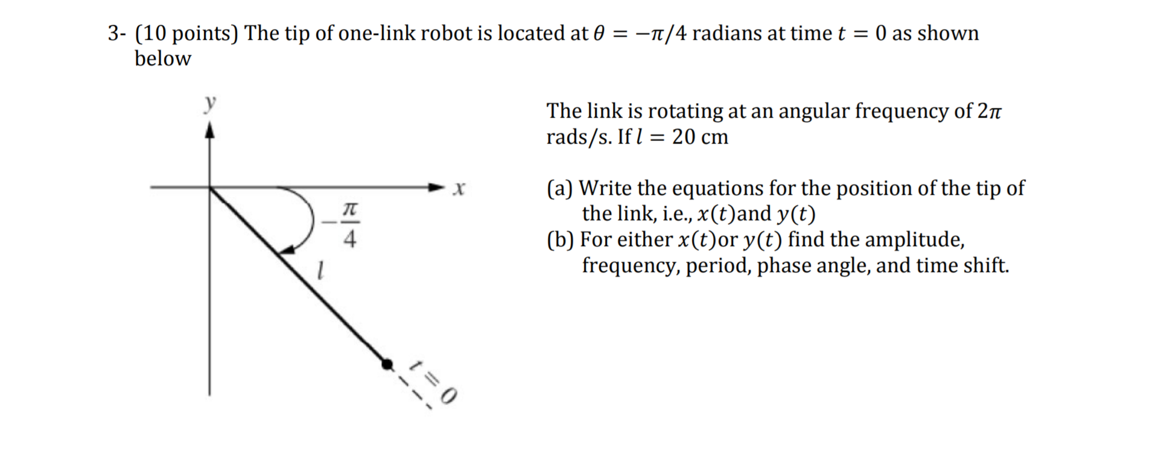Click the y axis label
tap(210, 104)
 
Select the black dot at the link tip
tap(387, 363)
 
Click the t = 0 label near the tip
tap(432, 380)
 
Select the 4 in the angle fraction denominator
tap(349, 240)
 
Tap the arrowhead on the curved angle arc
tap(287, 250)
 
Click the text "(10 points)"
tap(187, 34)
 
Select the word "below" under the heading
tap(162, 59)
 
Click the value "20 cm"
tap(700, 137)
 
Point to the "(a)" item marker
tap(560, 189)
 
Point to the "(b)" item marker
tap(560, 240)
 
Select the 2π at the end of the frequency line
tap(989, 112)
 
